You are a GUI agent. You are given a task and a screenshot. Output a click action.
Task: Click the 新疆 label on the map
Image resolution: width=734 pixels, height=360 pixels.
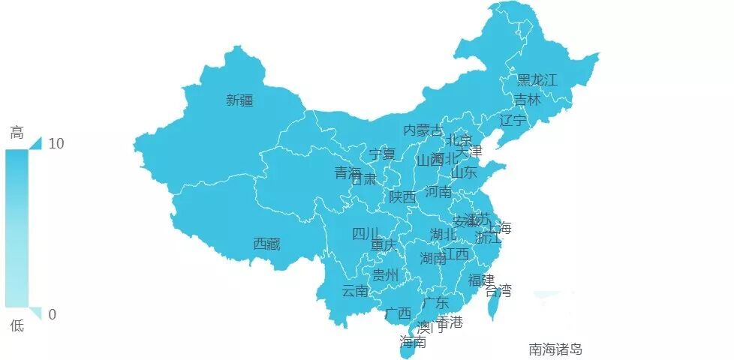[239, 100]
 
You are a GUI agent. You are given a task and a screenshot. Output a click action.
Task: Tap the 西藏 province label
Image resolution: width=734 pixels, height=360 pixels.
[266, 244]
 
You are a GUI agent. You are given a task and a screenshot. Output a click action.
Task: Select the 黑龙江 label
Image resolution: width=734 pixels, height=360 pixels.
[537, 80]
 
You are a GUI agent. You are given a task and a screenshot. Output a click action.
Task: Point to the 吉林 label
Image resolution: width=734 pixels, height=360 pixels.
[527, 100]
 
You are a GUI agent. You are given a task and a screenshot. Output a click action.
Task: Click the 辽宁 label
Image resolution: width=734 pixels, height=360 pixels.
[513, 120]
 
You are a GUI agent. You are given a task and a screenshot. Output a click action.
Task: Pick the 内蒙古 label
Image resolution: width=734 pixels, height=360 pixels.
[423, 130]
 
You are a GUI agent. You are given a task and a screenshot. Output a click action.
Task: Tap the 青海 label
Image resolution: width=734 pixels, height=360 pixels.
[348, 173]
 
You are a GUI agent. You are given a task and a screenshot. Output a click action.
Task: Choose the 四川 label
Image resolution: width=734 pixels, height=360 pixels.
[365, 234]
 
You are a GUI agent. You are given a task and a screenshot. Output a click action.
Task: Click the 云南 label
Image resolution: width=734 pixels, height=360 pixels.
[355, 291]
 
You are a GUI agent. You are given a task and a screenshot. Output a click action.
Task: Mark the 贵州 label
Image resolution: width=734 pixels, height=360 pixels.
[386, 275]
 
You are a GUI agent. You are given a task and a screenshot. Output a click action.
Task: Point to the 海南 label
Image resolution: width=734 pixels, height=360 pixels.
[413, 343]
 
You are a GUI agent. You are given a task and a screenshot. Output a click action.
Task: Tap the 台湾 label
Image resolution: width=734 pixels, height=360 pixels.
[498, 290]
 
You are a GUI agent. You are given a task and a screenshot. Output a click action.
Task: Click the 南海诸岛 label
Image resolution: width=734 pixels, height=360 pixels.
[555, 349]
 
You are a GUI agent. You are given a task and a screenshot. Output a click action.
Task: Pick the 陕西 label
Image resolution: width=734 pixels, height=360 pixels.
[402, 197]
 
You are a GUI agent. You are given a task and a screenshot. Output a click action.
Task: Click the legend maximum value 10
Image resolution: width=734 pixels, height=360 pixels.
[56, 143]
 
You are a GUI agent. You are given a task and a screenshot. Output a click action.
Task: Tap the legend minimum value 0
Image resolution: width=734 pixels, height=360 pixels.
[52, 314]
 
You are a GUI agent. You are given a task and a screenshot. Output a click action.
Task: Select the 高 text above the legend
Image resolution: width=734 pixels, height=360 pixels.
[17, 133]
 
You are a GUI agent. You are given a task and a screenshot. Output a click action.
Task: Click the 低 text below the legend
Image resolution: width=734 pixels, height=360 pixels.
[17, 325]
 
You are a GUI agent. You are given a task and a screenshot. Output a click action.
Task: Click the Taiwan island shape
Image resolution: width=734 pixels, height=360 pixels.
[492, 304]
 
